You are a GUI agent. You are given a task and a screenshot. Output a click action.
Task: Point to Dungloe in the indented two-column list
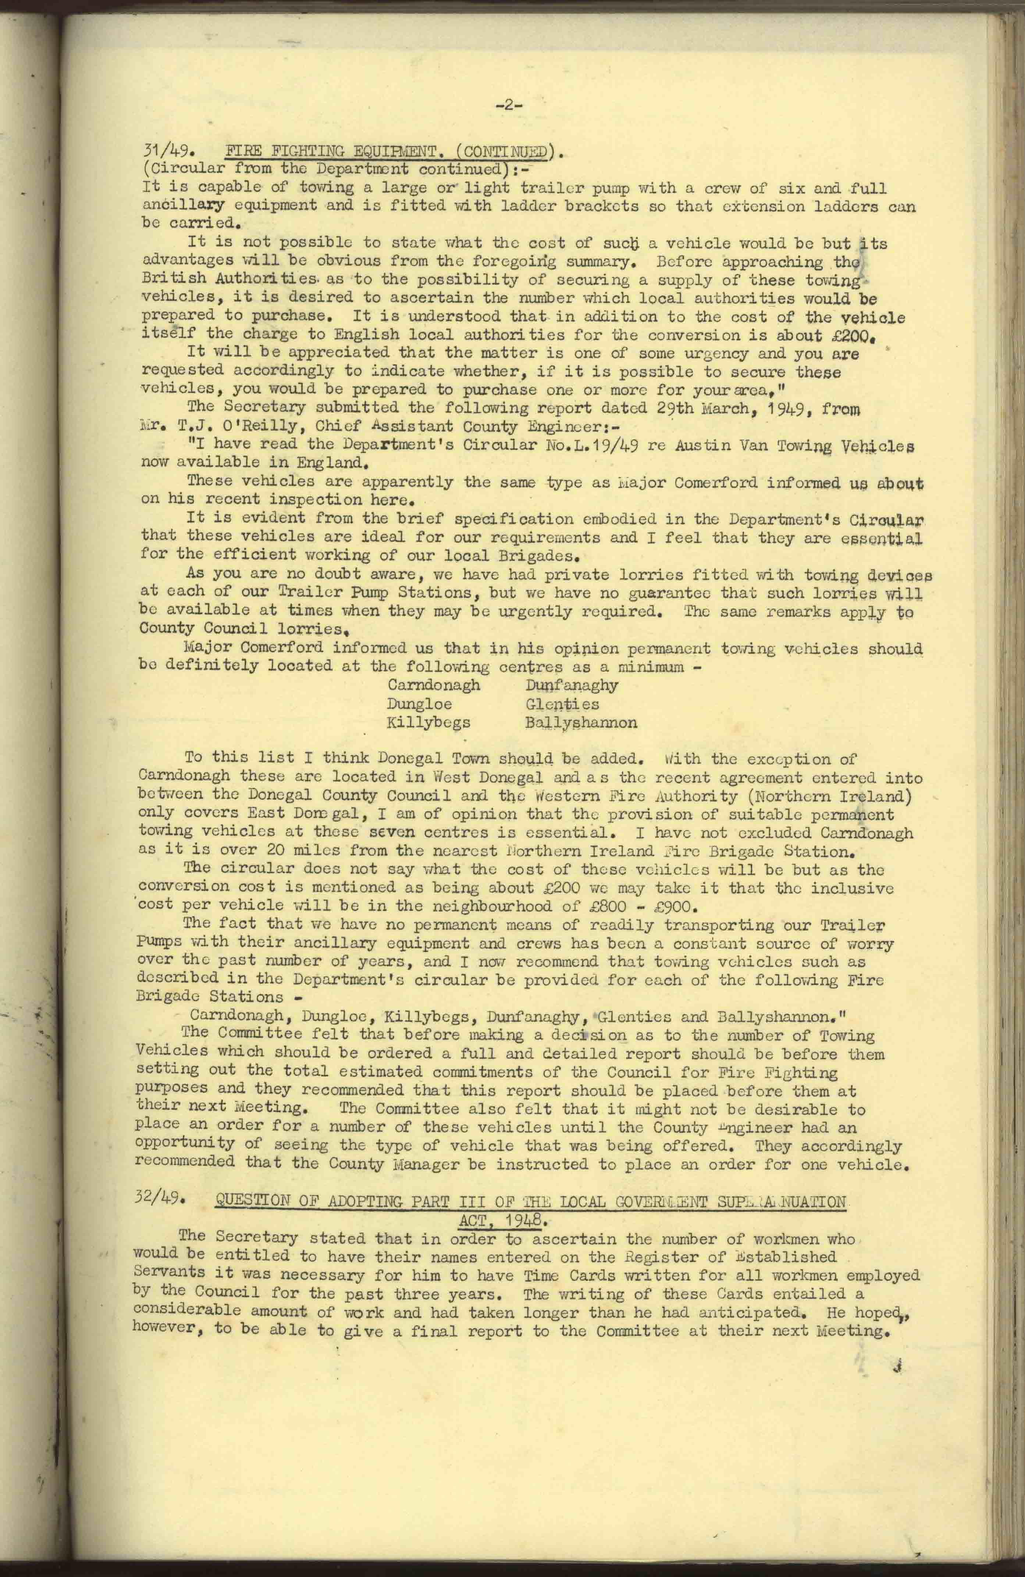(419, 704)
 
